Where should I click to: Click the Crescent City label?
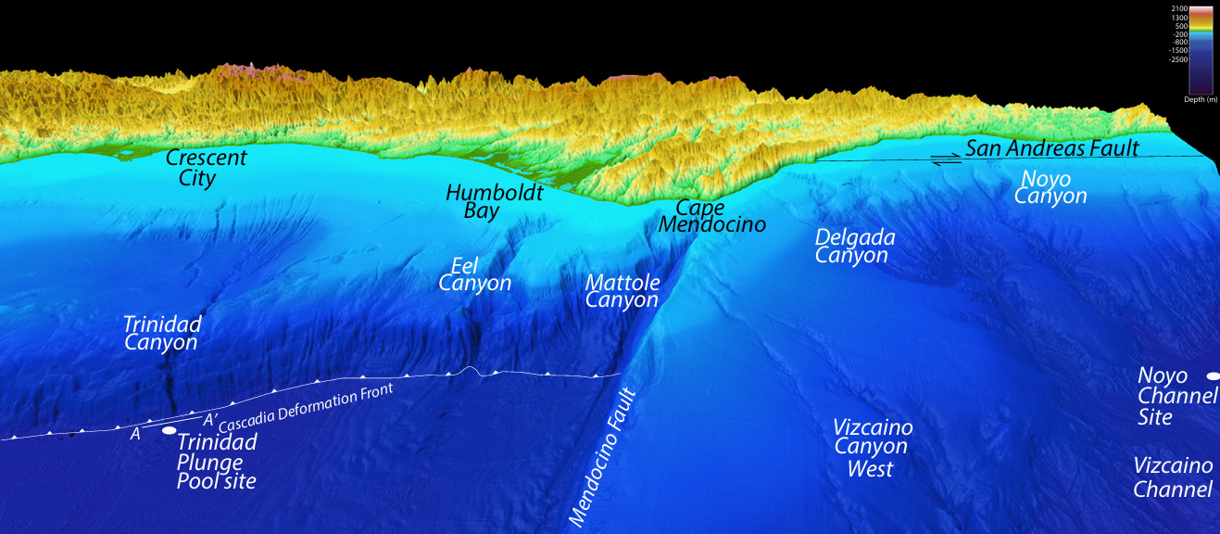pos(207,167)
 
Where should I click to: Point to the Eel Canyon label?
pos(474,274)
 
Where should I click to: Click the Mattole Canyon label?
pos(623,290)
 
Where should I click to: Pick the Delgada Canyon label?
pos(855,246)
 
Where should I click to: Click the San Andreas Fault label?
pos(1051,147)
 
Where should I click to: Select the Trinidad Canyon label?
pos(162,333)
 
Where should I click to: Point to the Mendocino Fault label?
pos(603,459)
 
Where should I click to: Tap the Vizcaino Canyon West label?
pos(873,448)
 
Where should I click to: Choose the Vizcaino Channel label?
pos(1173,477)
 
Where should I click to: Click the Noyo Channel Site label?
pos(1176,396)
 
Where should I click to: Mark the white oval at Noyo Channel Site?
pos(1212,375)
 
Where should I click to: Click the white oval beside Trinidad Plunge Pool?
pos(169,430)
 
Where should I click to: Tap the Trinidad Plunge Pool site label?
pos(217,462)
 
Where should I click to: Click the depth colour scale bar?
pos(1201,48)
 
